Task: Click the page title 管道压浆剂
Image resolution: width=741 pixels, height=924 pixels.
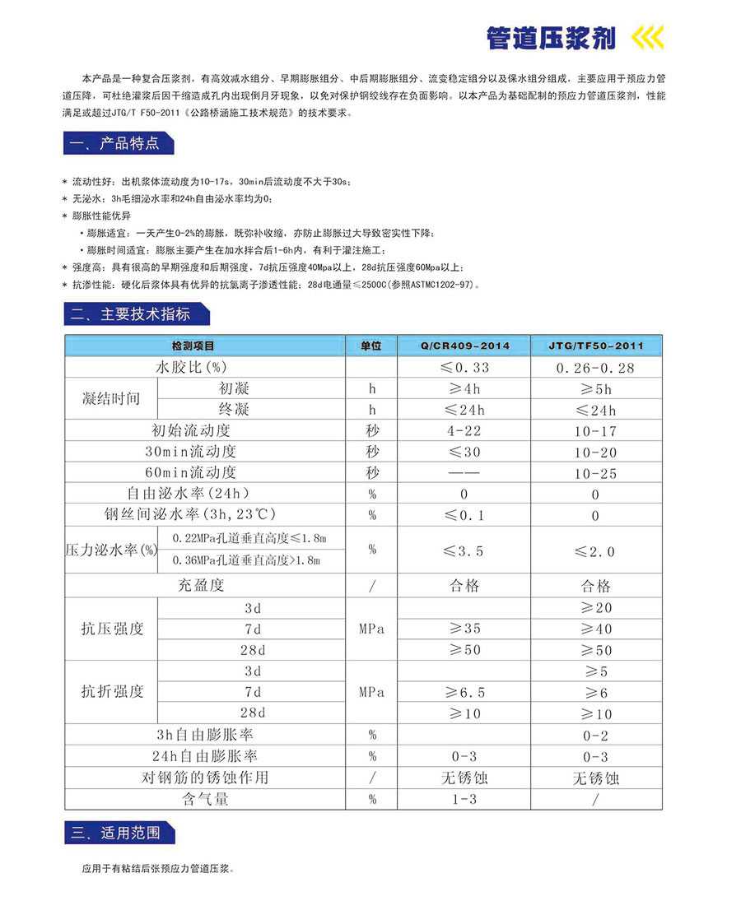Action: pyautogui.click(x=551, y=37)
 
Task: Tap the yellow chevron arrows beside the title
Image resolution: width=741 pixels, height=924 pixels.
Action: pyautogui.click(x=646, y=38)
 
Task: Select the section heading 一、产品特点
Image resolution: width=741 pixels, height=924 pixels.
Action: pyautogui.click(x=119, y=143)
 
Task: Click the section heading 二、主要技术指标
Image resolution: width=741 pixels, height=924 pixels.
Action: pyautogui.click(x=136, y=313)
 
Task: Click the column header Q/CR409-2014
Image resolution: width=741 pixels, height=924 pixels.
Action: pyautogui.click(x=464, y=346)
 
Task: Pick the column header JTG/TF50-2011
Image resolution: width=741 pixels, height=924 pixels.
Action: pyautogui.click(x=596, y=346)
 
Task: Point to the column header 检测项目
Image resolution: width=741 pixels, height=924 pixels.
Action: pyautogui.click(x=193, y=346)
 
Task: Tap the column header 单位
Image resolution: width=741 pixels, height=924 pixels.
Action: pyautogui.click(x=371, y=346)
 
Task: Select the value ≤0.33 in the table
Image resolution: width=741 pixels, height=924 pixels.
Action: pyautogui.click(x=464, y=368)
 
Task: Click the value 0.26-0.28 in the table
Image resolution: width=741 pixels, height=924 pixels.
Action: pyautogui.click(x=596, y=368)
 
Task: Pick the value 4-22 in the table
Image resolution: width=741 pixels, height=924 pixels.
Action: pyautogui.click(x=464, y=430)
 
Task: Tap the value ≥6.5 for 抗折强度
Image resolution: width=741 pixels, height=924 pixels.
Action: pyautogui.click(x=464, y=693)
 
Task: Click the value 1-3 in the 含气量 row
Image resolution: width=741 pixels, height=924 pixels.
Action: pyautogui.click(x=464, y=799)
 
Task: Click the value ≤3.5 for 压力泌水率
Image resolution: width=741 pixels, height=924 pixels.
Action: pyautogui.click(x=464, y=550)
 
